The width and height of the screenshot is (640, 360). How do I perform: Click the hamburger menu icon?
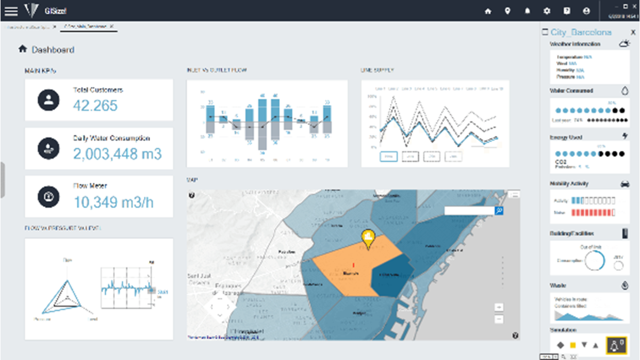coord(11,11)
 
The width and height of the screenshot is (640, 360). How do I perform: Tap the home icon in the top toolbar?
coord(487,11)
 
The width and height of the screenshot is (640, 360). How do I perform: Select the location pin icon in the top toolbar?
coord(508,11)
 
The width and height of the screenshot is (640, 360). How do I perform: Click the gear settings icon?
coord(546,11)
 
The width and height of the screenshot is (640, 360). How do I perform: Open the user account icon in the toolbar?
coord(587,11)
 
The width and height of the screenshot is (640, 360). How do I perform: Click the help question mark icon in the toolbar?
coord(567,11)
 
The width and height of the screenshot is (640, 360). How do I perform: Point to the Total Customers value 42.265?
coord(95,105)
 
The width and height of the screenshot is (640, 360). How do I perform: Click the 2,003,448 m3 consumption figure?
coord(117,154)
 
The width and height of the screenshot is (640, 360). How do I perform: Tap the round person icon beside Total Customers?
coord(49,100)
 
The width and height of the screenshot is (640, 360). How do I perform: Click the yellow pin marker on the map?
coord(367,238)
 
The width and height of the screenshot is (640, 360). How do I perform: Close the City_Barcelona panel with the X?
coord(633,32)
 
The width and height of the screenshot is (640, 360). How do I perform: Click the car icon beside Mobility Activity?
coord(625,183)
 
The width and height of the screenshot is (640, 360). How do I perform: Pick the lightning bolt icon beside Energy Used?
coord(625,137)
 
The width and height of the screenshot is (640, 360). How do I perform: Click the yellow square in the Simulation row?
coord(573,345)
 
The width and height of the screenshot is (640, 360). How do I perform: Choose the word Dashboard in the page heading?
coord(53,50)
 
